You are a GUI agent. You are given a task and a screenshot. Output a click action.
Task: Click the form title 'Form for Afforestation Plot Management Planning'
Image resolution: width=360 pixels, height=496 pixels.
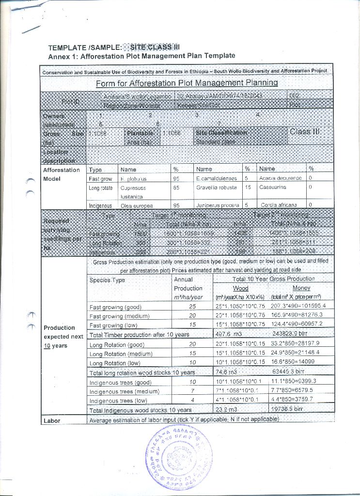click(187, 83)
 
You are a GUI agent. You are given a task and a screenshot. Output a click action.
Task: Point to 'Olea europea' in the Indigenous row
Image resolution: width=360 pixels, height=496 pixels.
click(133, 205)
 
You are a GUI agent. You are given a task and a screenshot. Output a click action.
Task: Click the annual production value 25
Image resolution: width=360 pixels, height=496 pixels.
click(192, 307)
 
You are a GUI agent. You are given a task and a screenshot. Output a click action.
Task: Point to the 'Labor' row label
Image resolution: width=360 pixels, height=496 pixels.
click(52, 420)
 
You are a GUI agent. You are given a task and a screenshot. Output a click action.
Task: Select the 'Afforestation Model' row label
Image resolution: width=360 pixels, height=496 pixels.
click(61, 174)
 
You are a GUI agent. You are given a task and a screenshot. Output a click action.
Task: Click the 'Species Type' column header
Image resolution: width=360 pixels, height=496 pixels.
click(107, 280)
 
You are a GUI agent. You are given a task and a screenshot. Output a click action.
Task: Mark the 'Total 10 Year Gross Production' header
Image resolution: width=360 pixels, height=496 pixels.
click(273, 279)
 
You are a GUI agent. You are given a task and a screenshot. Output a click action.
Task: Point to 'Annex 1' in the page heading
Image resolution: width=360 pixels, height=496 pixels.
click(63, 56)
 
